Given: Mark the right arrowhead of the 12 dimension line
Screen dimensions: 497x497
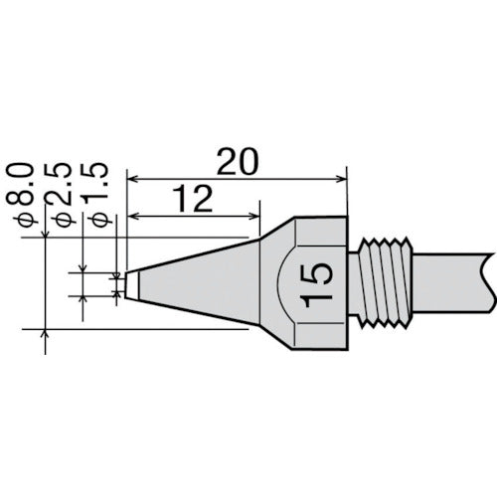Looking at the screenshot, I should click(255, 219).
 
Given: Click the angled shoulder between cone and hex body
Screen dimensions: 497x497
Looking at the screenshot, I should click(277, 234).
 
